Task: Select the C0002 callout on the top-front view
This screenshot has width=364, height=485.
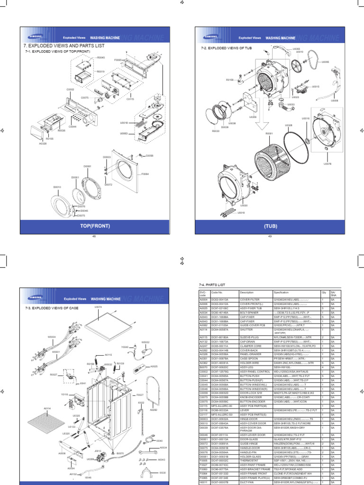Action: pos(70,89)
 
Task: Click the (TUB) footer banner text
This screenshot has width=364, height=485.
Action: pos(270,227)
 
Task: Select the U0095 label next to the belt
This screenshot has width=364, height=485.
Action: pos(325,62)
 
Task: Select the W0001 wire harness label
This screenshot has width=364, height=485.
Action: pos(56,352)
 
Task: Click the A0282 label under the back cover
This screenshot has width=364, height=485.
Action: pos(153,410)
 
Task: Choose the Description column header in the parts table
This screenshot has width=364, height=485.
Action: pos(246,292)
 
